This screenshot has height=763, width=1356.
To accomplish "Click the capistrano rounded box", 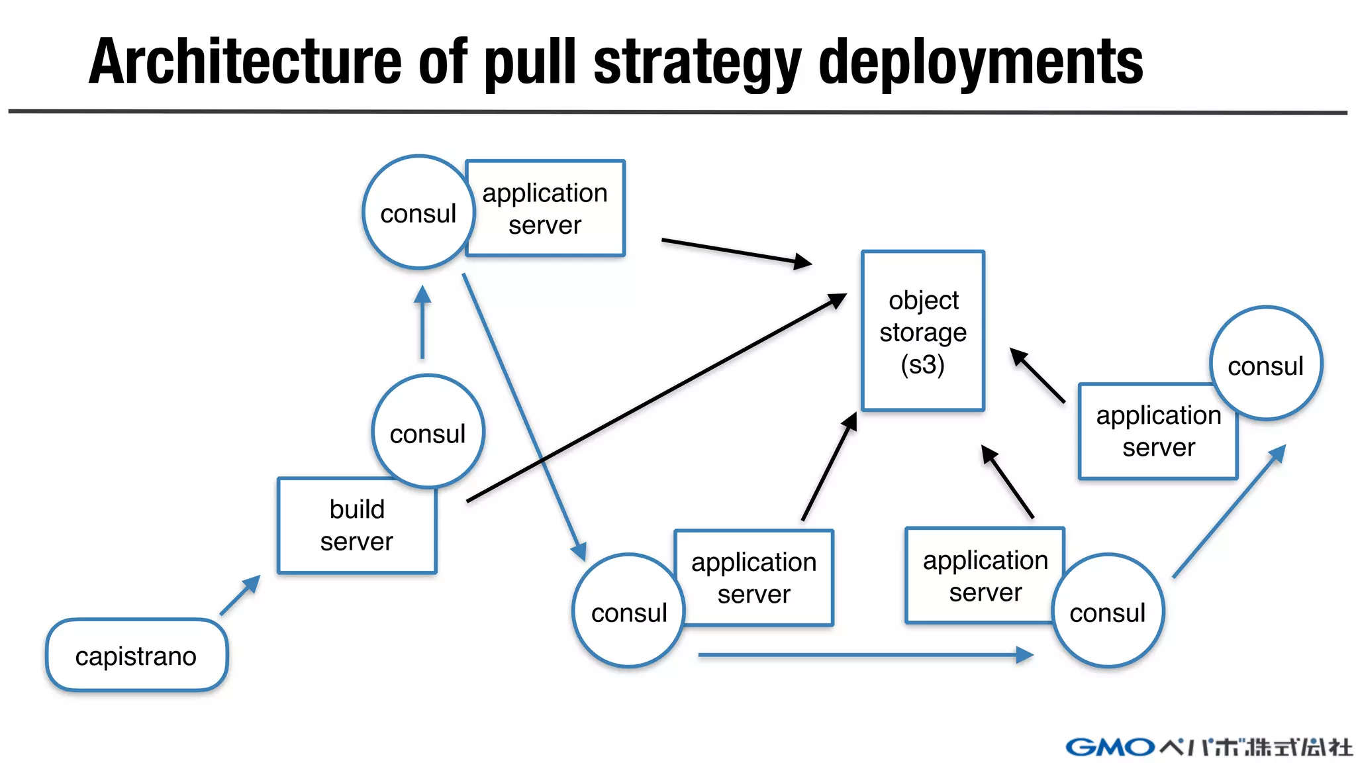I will pyautogui.click(x=136, y=656).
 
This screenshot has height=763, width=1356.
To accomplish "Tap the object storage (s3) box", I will pyautogui.click(x=922, y=331).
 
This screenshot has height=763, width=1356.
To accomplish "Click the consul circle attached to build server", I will pyautogui.click(x=428, y=432).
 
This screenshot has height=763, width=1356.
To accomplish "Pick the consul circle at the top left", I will pyautogui.click(x=418, y=213).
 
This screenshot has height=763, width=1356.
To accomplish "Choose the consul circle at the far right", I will pyautogui.click(x=1265, y=364).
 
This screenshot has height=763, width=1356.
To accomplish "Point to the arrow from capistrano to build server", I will pyautogui.click(x=240, y=595).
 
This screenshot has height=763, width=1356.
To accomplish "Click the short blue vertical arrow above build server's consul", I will pyautogui.click(x=422, y=322).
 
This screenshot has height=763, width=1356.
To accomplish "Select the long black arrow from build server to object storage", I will pyautogui.click(x=655, y=398).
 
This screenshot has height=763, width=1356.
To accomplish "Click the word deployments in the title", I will pyautogui.click(x=981, y=63).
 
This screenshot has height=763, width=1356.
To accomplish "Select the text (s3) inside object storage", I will pyautogui.click(x=922, y=364).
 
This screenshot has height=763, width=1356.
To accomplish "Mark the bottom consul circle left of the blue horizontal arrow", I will pyautogui.click(x=628, y=611).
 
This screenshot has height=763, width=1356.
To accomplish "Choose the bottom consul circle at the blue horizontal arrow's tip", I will pyautogui.click(x=1107, y=611).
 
